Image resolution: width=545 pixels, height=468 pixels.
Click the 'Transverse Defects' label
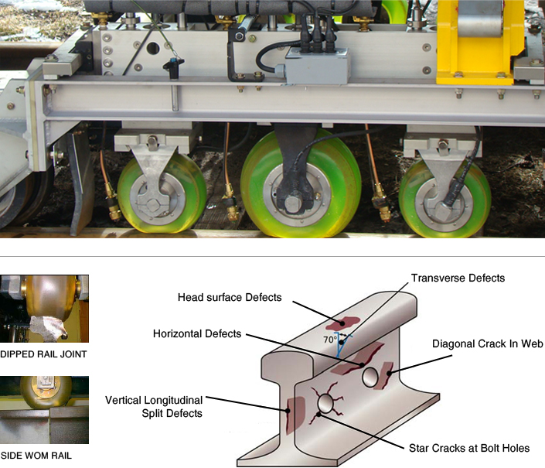458,278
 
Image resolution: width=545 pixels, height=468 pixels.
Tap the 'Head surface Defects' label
230,297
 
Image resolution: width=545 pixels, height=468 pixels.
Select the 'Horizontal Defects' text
197,334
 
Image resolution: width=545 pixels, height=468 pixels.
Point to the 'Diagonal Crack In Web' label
487,344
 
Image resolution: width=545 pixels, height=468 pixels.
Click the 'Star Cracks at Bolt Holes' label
469,448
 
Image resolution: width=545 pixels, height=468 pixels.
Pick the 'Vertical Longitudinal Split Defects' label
154,407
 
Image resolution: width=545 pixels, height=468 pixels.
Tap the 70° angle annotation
330,340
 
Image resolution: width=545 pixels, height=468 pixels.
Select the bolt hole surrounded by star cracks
325,403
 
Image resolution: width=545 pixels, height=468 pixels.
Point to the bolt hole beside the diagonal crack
370,377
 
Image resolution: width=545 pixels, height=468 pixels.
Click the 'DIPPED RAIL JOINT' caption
43,354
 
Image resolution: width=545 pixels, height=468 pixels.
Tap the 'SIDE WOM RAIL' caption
36,456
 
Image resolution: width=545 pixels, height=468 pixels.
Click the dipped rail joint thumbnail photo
44,309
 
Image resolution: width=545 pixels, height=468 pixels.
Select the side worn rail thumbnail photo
44,410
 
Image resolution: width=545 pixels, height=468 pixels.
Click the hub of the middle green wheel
294,202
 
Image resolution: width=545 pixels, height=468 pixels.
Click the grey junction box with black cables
317,66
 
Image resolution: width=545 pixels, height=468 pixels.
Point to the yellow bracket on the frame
480,42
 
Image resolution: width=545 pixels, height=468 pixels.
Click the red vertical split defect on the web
295,415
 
